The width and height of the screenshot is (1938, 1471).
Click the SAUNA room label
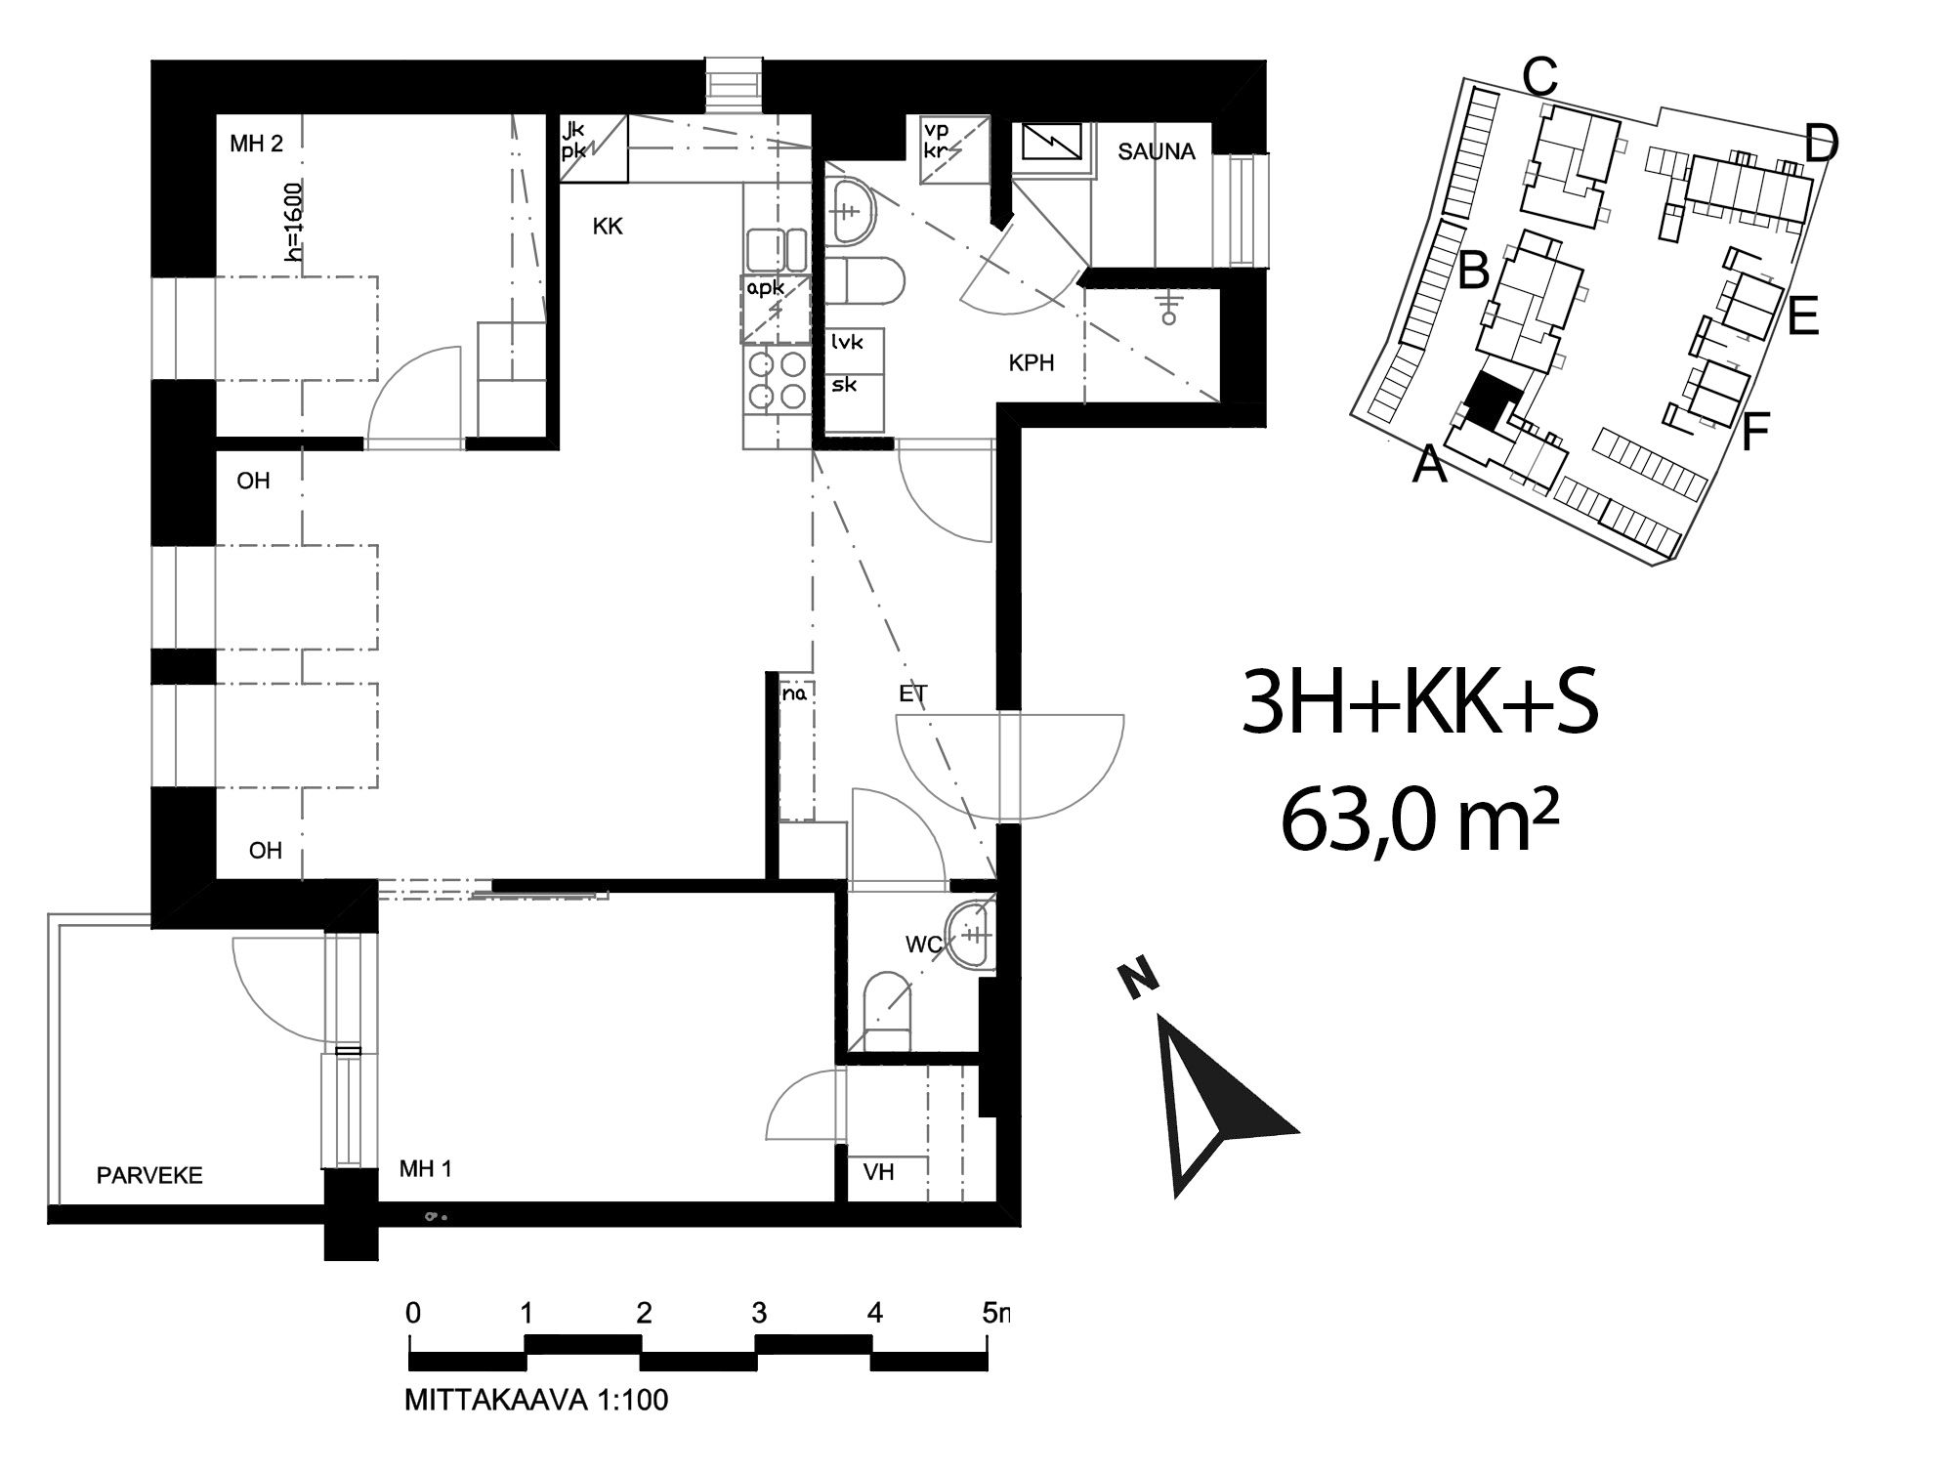point(1157,151)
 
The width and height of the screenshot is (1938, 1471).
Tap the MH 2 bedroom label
point(256,144)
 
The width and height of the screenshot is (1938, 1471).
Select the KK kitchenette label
point(608,227)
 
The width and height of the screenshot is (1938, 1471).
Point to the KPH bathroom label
point(1032,363)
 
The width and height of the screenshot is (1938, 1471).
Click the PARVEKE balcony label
point(149,1175)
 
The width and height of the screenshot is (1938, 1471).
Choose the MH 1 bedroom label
point(426,1168)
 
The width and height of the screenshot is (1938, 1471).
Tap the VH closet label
point(878,1171)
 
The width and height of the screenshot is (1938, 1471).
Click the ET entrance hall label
point(913,694)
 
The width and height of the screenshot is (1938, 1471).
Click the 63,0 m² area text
point(1419,820)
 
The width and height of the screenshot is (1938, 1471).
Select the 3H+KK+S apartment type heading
point(1419,703)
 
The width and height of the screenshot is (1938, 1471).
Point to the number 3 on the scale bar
point(759,1313)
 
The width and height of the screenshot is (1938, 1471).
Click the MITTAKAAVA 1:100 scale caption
point(536,1400)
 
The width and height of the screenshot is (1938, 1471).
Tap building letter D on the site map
point(1821,145)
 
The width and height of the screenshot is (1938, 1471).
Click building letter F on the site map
point(1755,432)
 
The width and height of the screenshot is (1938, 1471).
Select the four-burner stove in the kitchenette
point(776,380)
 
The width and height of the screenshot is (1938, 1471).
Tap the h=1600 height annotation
point(294,223)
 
